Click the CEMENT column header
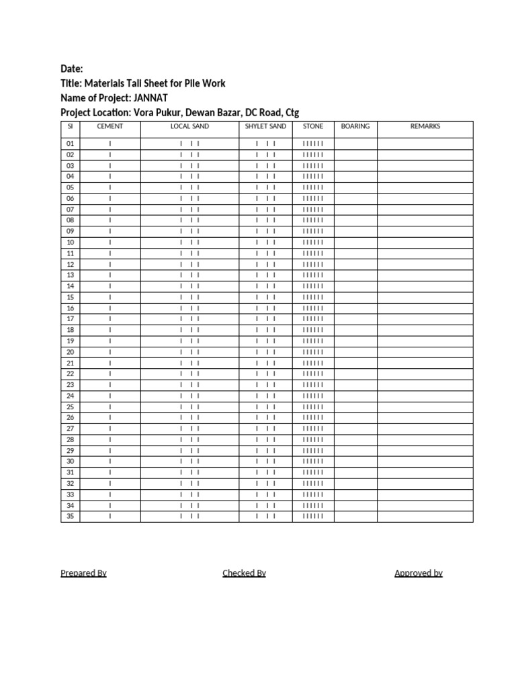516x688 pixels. coord(110,126)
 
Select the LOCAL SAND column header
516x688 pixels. coord(189,126)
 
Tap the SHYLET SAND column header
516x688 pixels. coord(265,126)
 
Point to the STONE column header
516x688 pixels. coord(313,126)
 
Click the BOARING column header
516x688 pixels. coord(355,126)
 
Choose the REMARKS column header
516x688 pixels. coord(425,126)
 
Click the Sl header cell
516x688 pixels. coord(70,126)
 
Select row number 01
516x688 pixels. coord(70,144)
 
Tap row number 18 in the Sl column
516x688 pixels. coord(70,330)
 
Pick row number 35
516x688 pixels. coord(70,516)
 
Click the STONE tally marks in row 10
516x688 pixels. coord(313,243)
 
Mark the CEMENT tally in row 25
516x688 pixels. coord(110,407)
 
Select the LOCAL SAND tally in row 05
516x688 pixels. coord(189,187)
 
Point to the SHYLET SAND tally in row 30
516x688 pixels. coord(265,462)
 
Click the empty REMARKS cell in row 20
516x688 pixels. coord(425,352)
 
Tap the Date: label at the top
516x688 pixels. coord(72,69)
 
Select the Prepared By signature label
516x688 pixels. coord(83,573)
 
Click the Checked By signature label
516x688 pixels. coord(244,573)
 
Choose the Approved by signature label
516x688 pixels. coord(418,573)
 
